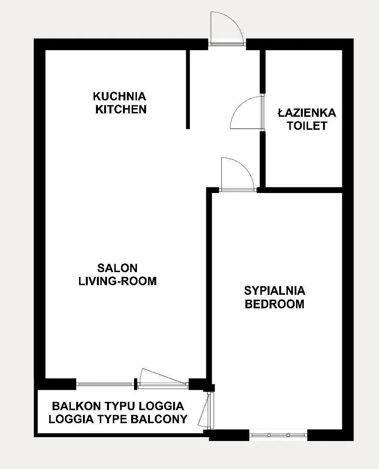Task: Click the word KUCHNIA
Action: tap(119, 97)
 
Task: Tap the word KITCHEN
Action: tap(121, 110)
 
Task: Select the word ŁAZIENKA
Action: tap(307, 113)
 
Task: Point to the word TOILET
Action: tap(307, 126)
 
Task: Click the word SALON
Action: tap(118, 268)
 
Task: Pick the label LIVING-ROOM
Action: tap(118, 281)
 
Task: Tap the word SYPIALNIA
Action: tap(274, 291)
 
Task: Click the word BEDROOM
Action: tap(274, 304)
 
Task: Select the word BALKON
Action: tap(76, 406)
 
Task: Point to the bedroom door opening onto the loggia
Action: tap(208, 410)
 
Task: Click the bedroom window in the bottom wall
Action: tap(278, 435)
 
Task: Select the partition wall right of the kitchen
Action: tap(188, 89)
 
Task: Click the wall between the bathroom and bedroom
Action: tap(300, 190)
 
